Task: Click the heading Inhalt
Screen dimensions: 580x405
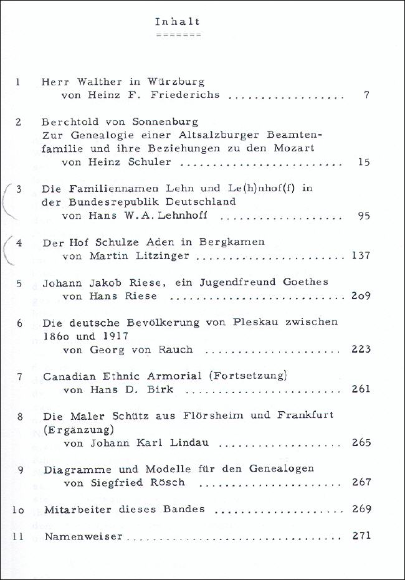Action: (x=178, y=22)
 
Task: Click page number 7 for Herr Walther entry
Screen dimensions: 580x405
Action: (x=366, y=96)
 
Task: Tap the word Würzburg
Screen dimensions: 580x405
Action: (x=176, y=82)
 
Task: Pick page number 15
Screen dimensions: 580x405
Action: (x=364, y=163)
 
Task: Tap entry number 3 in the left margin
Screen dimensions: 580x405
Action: (x=19, y=188)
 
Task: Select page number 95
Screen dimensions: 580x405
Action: (x=364, y=216)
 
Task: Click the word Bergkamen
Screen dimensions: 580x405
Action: (x=232, y=242)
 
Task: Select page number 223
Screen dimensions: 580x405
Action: (x=361, y=349)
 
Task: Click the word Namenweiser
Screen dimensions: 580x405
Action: (x=82, y=536)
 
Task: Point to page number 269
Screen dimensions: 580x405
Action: (x=361, y=510)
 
